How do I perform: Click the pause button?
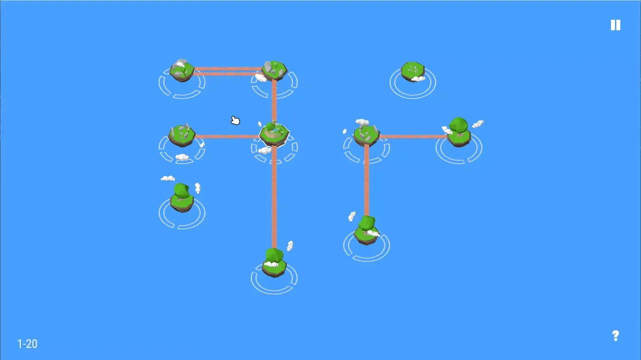[615, 25]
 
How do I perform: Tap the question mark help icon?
[615, 335]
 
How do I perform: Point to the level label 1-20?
[28, 343]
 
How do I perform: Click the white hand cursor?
[235, 121]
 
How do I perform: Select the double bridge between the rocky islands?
[228, 71]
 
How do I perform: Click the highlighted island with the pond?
[274, 134]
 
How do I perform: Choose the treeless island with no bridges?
[413, 72]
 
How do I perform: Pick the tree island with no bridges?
[182, 198]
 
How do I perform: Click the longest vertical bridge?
[274, 197]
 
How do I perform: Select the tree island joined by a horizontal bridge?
[459, 132]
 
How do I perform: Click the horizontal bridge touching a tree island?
[413, 137]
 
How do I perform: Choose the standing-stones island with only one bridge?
[182, 135]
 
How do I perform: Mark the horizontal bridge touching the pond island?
[227, 137]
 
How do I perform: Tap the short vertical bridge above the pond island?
[274, 100]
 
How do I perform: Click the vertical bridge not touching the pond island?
[367, 180]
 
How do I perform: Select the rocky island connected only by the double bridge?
[182, 71]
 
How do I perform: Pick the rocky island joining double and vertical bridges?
[274, 71]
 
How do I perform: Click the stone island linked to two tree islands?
[367, 135]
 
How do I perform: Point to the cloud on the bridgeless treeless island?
[418, 79]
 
